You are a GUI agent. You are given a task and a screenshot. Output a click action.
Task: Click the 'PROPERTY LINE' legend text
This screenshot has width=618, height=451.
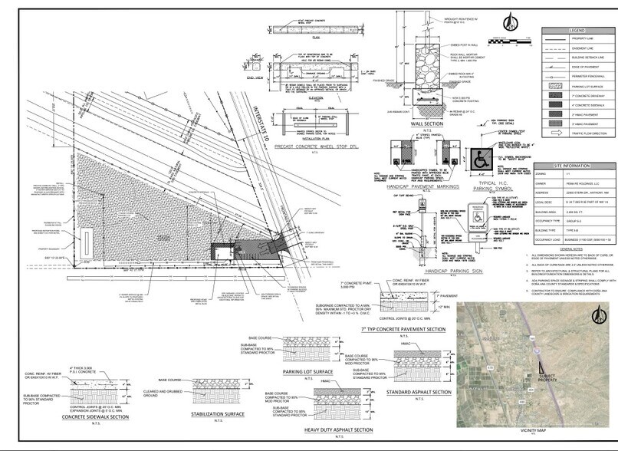[585, 38]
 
